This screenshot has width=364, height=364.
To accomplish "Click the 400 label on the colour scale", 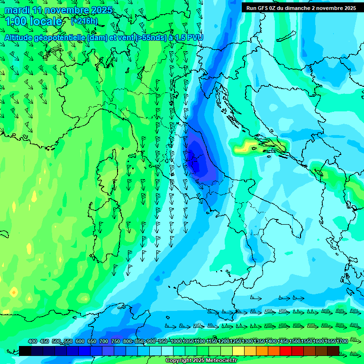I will point(33,341).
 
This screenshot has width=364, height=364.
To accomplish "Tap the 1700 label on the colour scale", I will point(329,341).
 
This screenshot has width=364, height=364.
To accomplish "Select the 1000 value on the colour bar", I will point(176,341).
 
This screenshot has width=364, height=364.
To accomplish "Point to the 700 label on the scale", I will point(104,341).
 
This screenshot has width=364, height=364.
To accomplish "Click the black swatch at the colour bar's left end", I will point(25,351).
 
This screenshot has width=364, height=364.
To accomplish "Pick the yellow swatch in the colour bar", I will point(238,351).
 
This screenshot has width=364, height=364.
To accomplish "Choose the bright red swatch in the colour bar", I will point(286,351).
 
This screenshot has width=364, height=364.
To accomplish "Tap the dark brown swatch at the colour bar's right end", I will point(333,351).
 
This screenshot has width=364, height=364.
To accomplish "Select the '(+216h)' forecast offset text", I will point(84,21).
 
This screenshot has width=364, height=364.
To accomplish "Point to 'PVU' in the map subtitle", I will point(194,37).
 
